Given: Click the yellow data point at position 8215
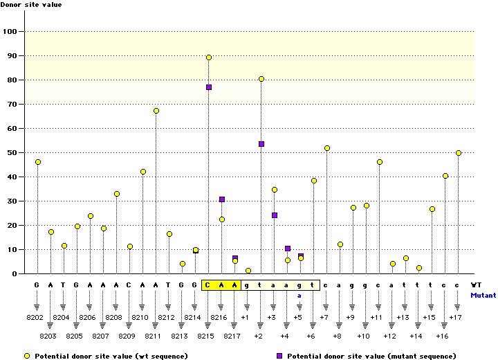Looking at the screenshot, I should (x=209, y=57).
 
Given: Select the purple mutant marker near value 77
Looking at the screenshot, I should (x=209, y=87).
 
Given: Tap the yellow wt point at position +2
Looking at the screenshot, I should (x=261, y=79).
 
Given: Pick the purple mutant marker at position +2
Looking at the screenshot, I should (x=261, y=144).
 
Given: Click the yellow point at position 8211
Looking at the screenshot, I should (x=156, y=111).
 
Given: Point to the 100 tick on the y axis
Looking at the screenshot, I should (x=11, y=32).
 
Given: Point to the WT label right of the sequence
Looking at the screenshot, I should (x=476, y=285).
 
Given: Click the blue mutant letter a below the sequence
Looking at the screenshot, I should (x=299, y=295).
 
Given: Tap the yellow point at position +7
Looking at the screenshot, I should (x=326, y=148).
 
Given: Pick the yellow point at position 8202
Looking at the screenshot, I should (x=37, y=162).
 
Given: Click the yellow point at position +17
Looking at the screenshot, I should (x=459, y=153).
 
